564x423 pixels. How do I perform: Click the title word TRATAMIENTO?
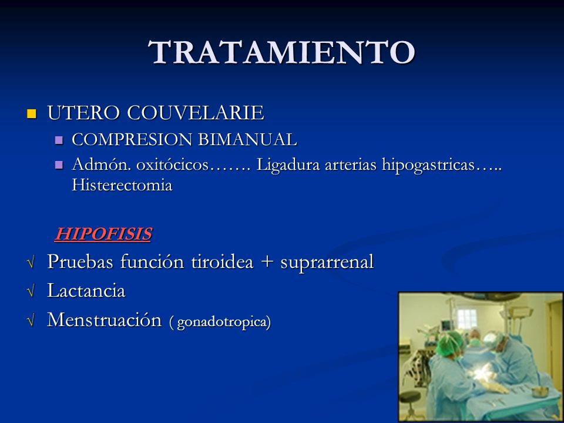[281, 52]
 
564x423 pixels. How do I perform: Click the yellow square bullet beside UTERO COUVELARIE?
[32, 113]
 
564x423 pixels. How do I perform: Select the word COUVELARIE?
[196, 113]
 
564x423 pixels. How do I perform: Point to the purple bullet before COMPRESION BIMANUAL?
[59, 140]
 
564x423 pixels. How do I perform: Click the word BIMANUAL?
[248, 140]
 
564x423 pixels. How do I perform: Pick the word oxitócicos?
[173, 165]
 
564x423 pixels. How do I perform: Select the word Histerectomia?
[122, 185]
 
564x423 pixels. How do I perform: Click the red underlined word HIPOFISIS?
[103, 234]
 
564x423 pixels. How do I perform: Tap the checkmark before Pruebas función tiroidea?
[31, 261]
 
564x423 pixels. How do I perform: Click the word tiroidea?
[222, 261]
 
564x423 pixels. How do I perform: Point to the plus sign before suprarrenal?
[267, 262]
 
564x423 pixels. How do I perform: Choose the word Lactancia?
[86, 291]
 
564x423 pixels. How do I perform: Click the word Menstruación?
[105, 320]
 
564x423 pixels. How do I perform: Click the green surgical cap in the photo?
[449, 343]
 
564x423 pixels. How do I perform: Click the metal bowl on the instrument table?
[540, 391]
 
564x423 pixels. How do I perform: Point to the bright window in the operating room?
[466, 318]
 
